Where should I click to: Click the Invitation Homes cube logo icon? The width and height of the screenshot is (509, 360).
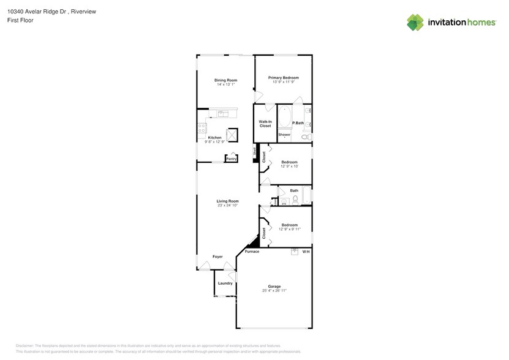point(415,22)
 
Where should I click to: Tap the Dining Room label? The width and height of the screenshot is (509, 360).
point(225,80)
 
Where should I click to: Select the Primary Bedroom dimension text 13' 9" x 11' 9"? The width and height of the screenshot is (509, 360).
point(283,83)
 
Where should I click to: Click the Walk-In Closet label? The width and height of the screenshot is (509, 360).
point(265,124)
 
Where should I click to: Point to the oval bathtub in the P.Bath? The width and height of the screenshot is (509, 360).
point(285,118)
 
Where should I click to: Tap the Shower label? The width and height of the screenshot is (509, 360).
point(284,135)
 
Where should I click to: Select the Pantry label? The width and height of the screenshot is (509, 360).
point(231,159)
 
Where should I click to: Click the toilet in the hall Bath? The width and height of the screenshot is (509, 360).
point(295,199)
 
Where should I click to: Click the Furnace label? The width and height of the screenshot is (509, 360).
point(252,252)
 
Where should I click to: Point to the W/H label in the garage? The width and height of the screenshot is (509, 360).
point(306,252)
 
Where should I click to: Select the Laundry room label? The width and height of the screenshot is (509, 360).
point(225,283)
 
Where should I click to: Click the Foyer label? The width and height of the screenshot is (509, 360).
point(217,257)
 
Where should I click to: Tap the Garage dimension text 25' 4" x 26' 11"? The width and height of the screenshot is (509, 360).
point(274,291)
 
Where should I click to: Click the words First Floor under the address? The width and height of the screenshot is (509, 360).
point(20,20)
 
